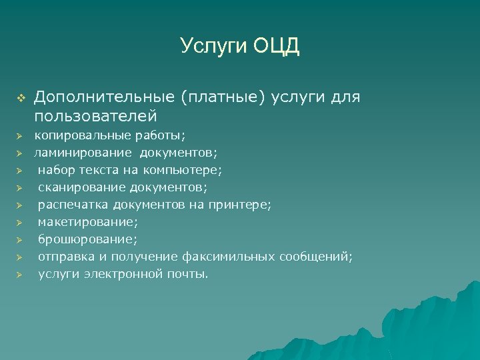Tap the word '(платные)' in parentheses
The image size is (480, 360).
223,98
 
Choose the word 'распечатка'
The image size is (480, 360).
73,204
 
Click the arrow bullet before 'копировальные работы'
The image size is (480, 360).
20,135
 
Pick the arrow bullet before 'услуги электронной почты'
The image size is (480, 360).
20,274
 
